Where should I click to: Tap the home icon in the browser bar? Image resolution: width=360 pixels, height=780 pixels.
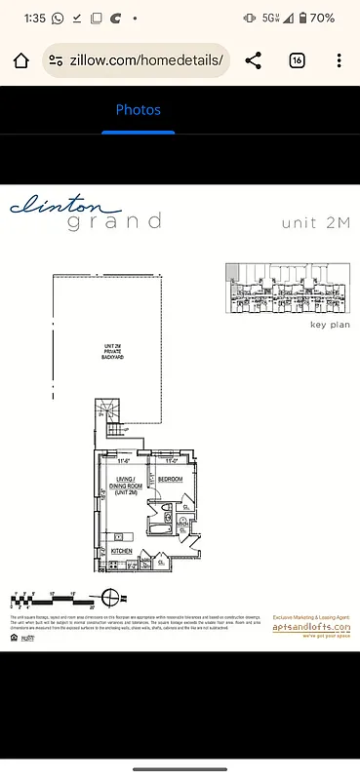(21, 61)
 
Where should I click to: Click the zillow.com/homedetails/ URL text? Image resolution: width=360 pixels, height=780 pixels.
(146, 61)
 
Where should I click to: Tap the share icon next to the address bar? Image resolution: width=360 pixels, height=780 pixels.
(254, 61)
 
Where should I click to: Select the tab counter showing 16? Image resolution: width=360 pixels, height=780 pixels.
(297, 61)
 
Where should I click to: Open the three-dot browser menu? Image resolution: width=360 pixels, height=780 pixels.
(339, 61)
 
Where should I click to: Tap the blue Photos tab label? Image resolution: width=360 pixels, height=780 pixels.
(138, 110)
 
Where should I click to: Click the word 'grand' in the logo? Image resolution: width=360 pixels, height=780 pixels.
(114, 222)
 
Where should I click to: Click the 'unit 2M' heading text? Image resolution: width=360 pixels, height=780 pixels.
(314, 222)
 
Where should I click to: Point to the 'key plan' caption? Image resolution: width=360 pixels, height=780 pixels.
(330, 325)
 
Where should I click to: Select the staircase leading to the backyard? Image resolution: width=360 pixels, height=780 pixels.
(115, 430)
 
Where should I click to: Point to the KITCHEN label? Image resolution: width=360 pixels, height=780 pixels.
(122, 551)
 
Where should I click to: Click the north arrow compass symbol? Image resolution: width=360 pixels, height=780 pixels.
(114, 596)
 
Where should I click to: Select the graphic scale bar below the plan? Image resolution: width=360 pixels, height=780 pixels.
(49, 596)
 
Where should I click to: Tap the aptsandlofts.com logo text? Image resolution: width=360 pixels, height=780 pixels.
(310, 628)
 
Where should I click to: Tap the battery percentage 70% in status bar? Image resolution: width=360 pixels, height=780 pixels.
(323, 18)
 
